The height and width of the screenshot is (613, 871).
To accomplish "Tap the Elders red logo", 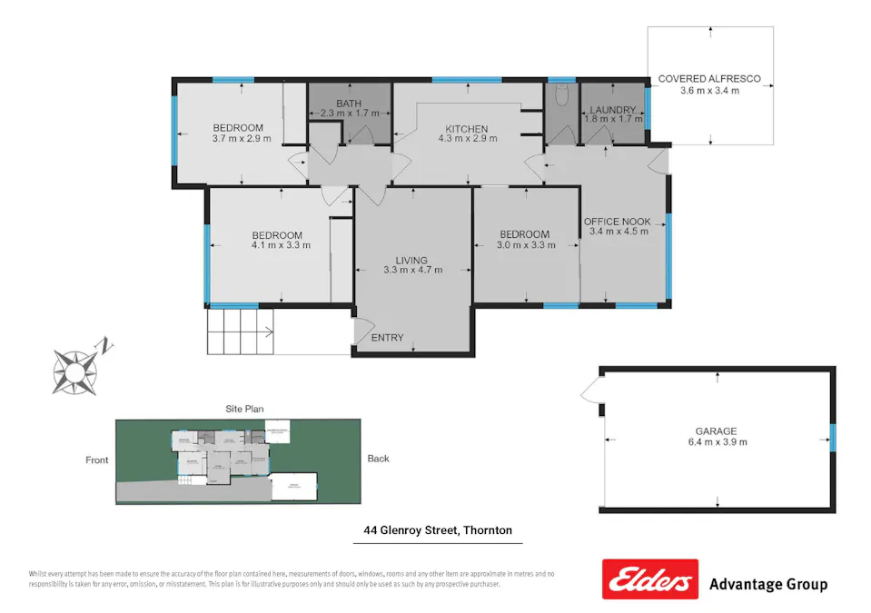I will pos(649,579).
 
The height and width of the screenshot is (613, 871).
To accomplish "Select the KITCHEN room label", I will pos(466,129).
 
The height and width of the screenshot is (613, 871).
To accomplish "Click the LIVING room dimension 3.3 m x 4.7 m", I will pos(413,270).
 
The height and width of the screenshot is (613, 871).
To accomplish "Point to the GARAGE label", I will pos(717,431).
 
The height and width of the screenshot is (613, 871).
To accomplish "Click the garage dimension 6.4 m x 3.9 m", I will pos(717,442).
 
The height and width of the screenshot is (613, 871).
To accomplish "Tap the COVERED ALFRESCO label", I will pos(709,79).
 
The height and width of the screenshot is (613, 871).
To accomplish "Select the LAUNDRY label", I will pos(612,110).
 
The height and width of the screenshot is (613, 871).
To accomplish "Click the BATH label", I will pos(349,104).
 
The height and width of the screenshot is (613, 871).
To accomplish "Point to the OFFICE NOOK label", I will pos(617,221).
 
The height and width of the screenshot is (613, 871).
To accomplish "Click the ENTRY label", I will pos(388,338).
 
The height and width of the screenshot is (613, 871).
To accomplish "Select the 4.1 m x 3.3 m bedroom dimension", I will pos(281,245).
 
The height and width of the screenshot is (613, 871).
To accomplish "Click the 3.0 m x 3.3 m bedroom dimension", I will pos(524,245).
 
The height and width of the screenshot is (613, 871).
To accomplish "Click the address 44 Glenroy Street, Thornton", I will pos(437,530).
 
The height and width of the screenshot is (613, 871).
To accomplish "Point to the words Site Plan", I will pos(244,410).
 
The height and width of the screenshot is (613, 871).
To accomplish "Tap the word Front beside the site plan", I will pos(97,460).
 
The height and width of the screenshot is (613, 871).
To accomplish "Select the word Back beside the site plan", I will pos(378,459).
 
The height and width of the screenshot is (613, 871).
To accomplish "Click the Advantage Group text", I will pos(767,584).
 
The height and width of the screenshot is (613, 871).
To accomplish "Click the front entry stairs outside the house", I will pos(241,331).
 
